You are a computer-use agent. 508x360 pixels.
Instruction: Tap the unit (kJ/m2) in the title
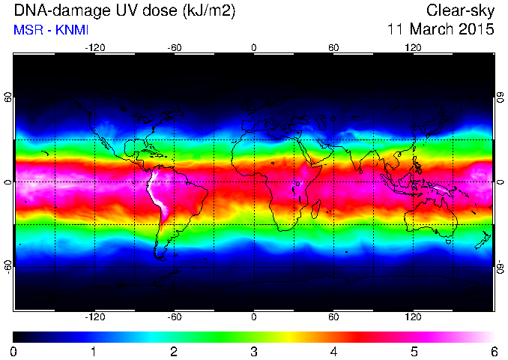click(x=209, y=10)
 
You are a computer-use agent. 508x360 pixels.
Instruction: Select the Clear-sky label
click(x=460, y=10)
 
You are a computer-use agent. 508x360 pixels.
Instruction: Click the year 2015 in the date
click(x=477, y=29)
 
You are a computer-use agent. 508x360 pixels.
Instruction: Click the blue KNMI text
click(x=72, y=30)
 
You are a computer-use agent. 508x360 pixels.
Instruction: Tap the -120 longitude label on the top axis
click(x=94, y=48)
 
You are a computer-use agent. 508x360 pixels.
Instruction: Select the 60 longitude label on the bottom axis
click(x=333, y=316)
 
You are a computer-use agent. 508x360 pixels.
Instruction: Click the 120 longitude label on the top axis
click(x=413, y=48)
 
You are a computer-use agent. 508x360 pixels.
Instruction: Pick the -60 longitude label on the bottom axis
click(x=175, y=316)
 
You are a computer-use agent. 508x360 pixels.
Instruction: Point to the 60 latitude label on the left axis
click(x=9, y=97)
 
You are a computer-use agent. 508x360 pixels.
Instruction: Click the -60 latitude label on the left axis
click(x=9, y=267)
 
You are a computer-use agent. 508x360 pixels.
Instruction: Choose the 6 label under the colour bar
click(x=494, y=352)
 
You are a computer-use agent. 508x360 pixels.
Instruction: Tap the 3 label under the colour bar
click(x=254, y=352)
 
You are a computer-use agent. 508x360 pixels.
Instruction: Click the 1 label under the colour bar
click(x=94, y=352)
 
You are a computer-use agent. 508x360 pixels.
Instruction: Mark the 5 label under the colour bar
click(x=414, y=352)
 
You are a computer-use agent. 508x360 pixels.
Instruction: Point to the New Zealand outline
click(x=483, y=241)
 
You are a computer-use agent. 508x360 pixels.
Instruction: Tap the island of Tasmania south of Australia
click(x=448, y=242)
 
